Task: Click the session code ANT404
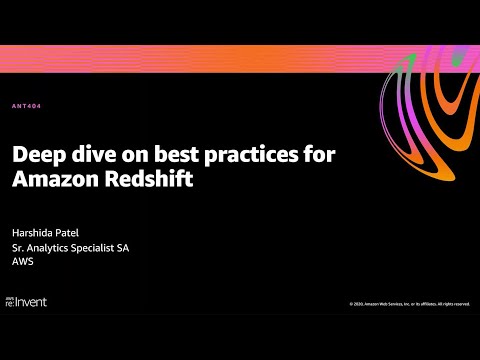click(26, 106)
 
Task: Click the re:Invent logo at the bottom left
click(27, 300)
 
